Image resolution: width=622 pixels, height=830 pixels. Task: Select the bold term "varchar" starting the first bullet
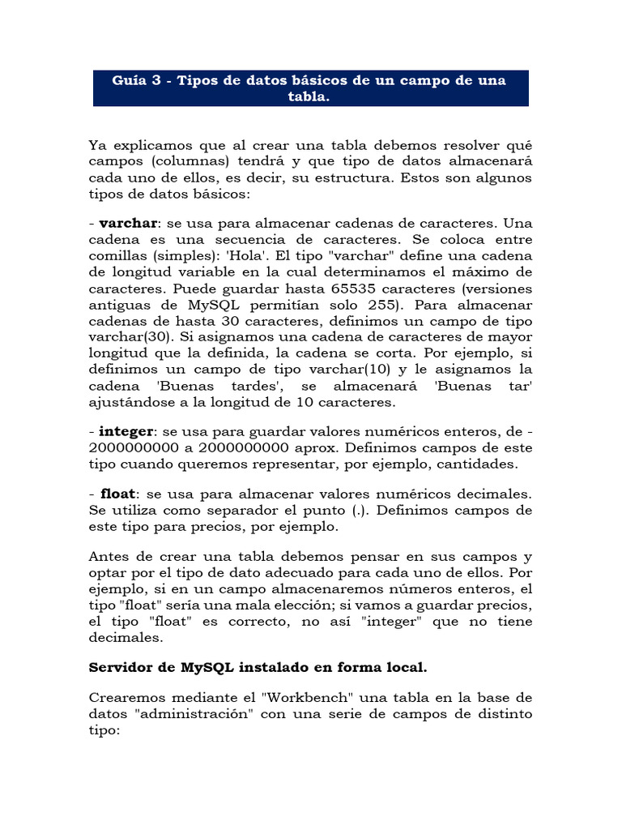click(128, 223)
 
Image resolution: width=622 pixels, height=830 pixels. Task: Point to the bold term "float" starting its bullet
click(118, 493)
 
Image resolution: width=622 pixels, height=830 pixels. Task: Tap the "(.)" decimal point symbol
click(356, 510)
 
